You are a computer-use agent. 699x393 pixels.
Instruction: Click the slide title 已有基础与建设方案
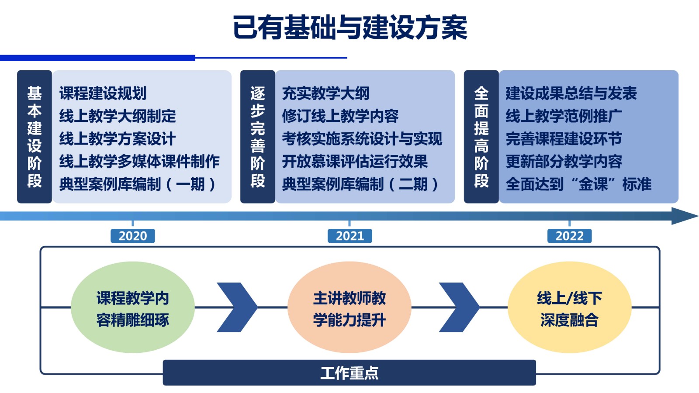pos(350,27)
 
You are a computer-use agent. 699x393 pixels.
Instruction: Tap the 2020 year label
pos(133,236)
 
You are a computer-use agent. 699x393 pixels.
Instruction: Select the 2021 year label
pos(349,236)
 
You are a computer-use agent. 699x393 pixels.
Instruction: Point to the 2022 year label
pos(569,236)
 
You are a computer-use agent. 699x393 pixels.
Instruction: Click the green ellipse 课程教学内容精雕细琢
pos(133,307)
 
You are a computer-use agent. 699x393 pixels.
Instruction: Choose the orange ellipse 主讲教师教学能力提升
pos(349,307)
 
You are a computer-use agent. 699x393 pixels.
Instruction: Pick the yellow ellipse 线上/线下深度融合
pos(569,307)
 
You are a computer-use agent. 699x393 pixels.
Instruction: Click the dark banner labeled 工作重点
pos(349,372)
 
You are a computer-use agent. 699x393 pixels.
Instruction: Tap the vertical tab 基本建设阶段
pos(35,137)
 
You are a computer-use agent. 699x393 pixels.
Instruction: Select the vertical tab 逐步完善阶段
pos(258,137)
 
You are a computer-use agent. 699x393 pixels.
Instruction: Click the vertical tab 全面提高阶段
pos(481,137)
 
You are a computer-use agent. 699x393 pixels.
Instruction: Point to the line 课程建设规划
pos(103,93)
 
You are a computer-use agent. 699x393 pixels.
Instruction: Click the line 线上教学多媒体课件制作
pos(139,162)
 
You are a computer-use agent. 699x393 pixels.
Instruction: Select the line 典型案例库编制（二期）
pos(360,184)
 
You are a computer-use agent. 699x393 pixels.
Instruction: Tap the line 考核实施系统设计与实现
pos(362,139)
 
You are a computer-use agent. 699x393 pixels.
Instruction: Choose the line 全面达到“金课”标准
pos(578,184)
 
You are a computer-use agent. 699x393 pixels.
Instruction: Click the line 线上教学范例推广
pos(564,116)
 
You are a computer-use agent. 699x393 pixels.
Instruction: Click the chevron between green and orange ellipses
pos(237,307)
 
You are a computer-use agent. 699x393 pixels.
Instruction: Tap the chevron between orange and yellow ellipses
pos(459,307)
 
